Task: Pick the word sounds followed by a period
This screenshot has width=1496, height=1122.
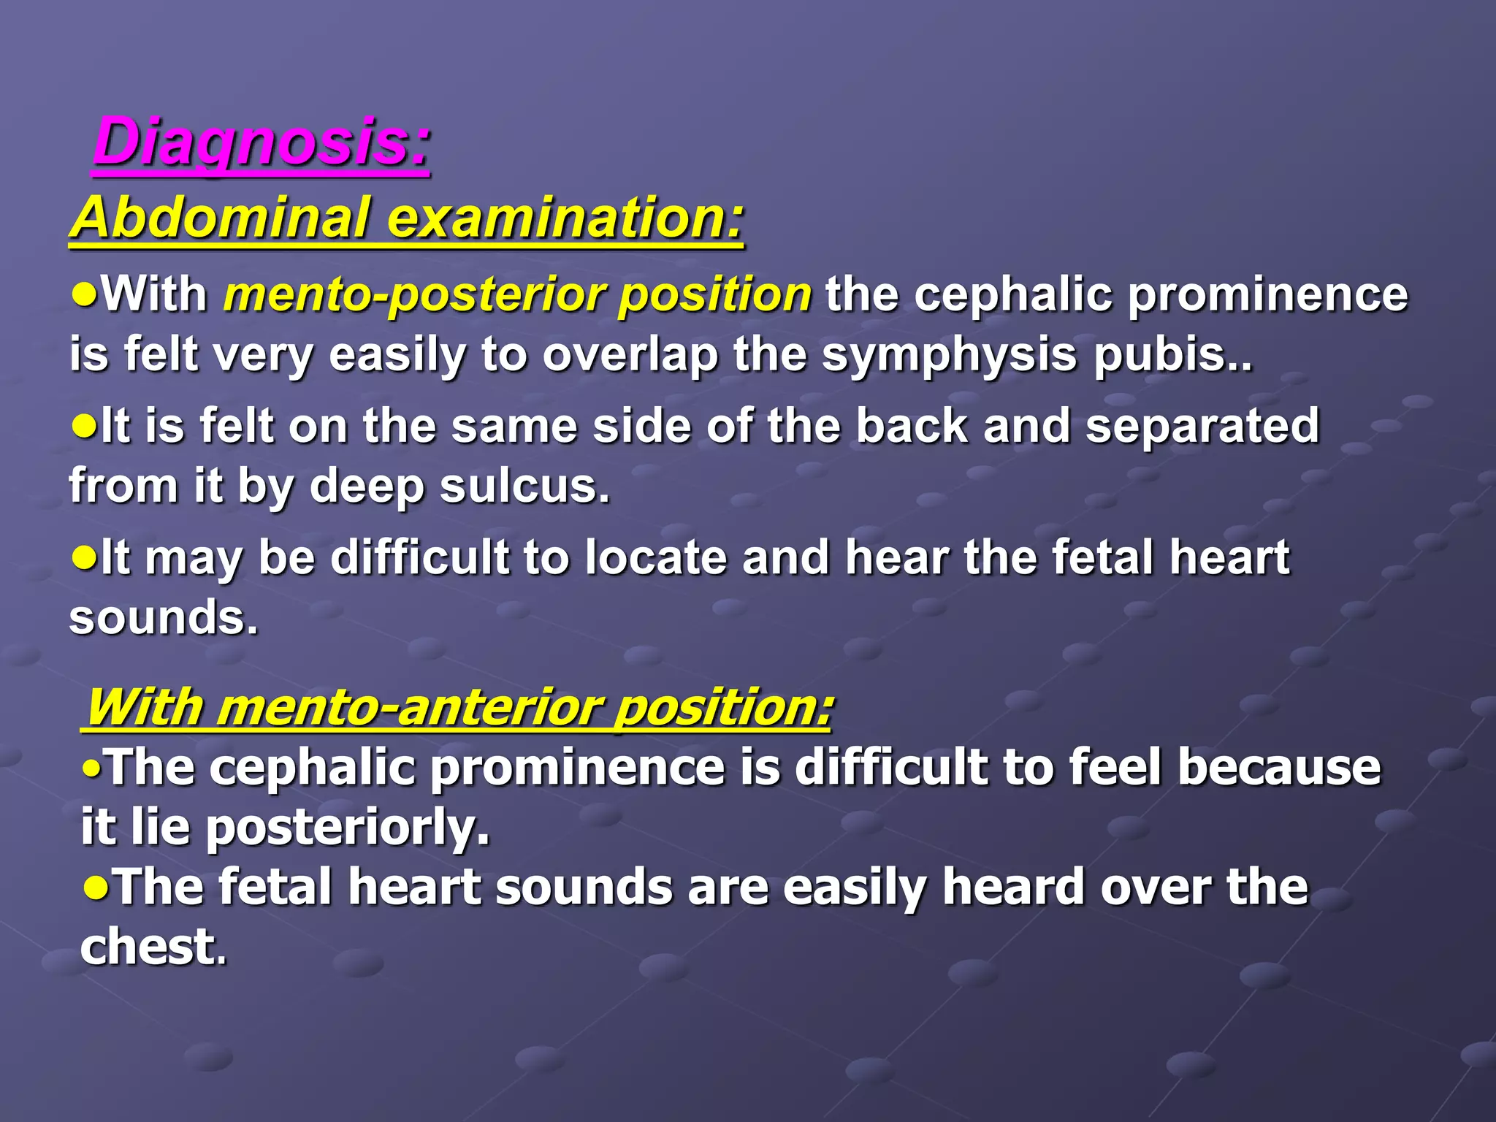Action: point(162,618)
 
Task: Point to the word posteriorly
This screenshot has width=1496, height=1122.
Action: point(346,828)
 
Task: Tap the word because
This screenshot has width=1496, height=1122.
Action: point(1279,768)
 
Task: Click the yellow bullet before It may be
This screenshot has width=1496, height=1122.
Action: point(84,557)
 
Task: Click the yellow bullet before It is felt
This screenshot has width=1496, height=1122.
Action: point(84,425)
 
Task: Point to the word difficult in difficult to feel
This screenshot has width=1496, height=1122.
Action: point(891,768)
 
